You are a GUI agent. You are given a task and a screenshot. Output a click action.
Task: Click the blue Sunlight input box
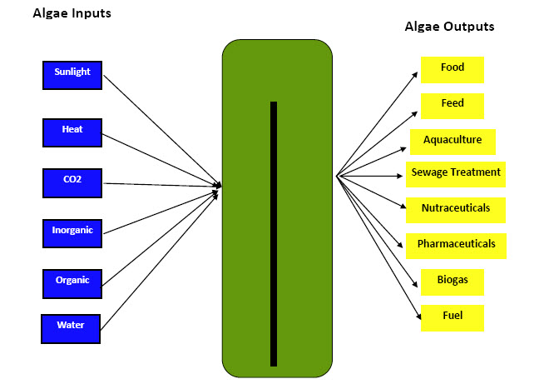tap(72, 76)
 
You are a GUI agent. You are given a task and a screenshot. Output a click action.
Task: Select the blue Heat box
tap(72, 132)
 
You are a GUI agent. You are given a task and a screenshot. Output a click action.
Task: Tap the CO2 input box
tap(72, 183)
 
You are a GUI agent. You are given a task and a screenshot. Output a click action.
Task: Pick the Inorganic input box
tap(72, 233)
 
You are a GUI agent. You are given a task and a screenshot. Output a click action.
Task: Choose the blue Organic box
tap(72, 284)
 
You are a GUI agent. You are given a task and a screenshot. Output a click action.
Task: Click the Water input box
tap(71, 329)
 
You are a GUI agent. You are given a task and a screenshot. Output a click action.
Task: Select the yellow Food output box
tap(453, 70)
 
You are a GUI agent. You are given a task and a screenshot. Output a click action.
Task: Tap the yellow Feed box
tap(453, 106)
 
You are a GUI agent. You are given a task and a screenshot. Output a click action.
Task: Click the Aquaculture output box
tap(453, 142)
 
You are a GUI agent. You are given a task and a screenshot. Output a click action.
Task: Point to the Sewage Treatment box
tap(456, 174)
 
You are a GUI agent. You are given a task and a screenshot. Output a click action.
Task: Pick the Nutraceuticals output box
tap(456, 210)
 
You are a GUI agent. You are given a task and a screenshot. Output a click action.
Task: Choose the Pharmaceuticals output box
tap(456, 246)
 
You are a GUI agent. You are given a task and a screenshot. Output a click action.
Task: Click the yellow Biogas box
tap(453, 282)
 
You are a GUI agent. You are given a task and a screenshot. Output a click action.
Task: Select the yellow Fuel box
tap(453, 318)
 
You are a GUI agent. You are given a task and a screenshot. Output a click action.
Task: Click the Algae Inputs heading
tap(72, 13)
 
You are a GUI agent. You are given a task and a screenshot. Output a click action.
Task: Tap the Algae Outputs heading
tap(450, 27)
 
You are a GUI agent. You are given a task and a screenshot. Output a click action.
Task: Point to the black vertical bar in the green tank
tap(274, 234)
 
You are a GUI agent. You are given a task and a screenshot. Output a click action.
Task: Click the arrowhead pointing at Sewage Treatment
tap(399, 177)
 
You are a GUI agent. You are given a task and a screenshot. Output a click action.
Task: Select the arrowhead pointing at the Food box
tap(414, 75)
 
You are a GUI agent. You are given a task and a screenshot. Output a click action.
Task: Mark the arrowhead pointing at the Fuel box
tap(418, 316)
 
